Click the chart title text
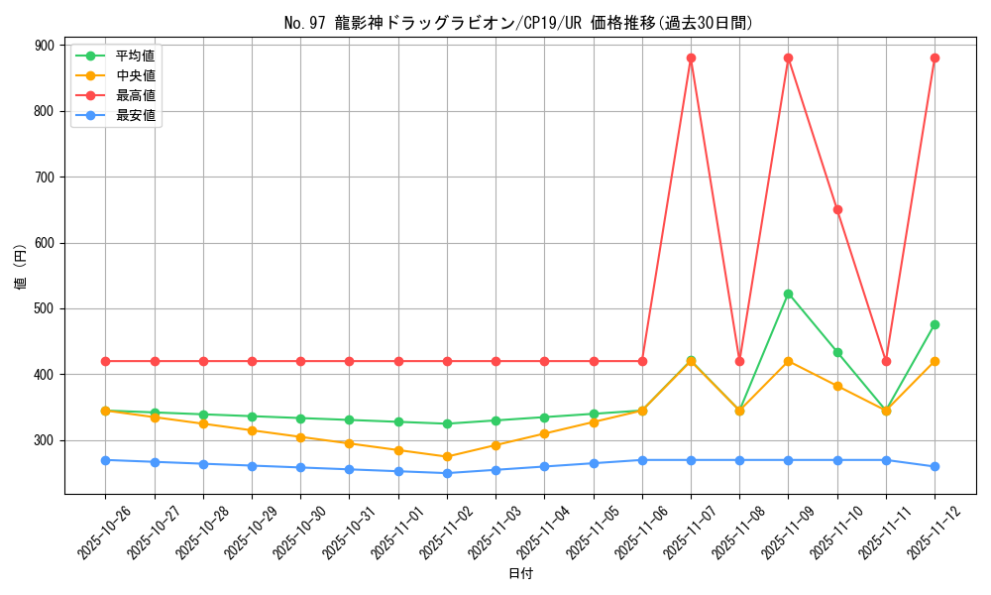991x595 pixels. (518, 23)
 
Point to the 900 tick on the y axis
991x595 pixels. (44, 46)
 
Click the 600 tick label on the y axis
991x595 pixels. (44, 243)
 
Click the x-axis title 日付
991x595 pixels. (520, 574)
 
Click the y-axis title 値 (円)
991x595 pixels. (21, 269)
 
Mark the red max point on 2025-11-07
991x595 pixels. (691, 58)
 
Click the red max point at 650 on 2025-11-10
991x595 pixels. (837, 209)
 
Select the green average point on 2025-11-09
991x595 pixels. (788, 294)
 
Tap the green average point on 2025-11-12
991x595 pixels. (935, 324)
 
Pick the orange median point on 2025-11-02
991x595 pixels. (447, 456)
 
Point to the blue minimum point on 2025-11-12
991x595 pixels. (935, 466)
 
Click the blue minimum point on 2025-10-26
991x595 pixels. (105, 460)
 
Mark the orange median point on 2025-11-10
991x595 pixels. (837, 386)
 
